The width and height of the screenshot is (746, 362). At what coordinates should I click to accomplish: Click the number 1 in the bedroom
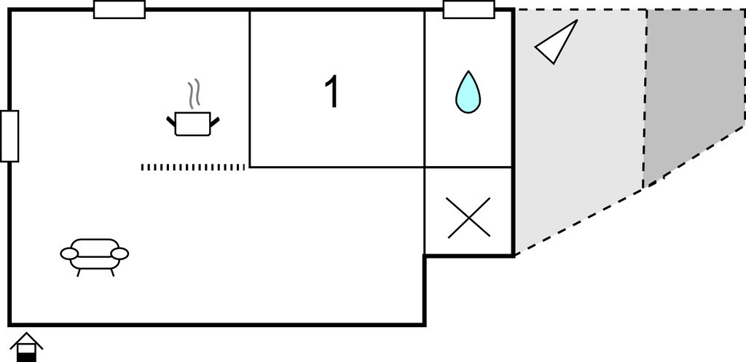pyautogui.click(x=331, y=93)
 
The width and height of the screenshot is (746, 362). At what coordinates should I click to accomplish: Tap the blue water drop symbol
pyautogui.click(x=468, y=93)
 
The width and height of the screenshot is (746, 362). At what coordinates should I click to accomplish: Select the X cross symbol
pyautogui.click(x=468, y=218)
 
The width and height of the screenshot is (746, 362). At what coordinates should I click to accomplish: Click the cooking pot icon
pyautogui.click(x=192, y=124)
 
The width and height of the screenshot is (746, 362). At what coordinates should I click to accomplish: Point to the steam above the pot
pyautogui.click(x=194, y=94)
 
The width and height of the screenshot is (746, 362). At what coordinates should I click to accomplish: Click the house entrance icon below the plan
pyautogui.click(x=26, y=346)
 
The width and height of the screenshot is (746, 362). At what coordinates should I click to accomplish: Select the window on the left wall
pyautogui.click(x=9, y=136)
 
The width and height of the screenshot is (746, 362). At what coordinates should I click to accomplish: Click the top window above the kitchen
pyautogui.click(x=119, y=9)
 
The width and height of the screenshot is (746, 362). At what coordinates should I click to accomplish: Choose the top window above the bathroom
pyautogui.click(x=469, y=9)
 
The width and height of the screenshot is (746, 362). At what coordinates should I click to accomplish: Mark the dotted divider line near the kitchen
pyautogui.click(x=192, y=167)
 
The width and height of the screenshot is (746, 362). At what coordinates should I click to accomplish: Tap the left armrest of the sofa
pyautogui.click(x=69, y=253)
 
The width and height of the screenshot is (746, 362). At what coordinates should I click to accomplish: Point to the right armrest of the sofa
pyautogui.click(x=120, y=253)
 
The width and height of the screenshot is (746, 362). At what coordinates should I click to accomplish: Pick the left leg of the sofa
pyautogui.click(x=78, y=272)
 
